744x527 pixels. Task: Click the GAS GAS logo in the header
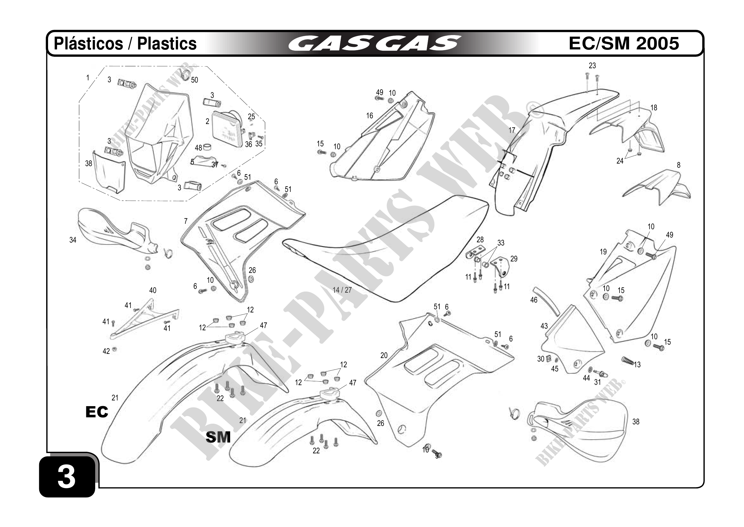(x=374, y=43)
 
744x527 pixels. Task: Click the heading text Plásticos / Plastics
(x=125, y=43)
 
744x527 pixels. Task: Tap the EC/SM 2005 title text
(x=624, y=43)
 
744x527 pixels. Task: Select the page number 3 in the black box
(x=67, y=477)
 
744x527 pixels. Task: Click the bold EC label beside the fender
(x=96, y=412)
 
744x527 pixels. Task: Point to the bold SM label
(x=218, y=437)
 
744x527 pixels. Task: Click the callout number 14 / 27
(x=342, y=290)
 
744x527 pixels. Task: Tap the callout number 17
(x=512, y=130)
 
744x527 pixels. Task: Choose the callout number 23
(x=592, y=66)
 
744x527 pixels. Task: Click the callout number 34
(x=73, y=240)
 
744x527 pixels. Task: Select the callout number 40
(x=152, y=290)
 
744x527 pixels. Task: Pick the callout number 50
(x=195, y=80)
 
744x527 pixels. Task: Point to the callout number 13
(x=637, y=365)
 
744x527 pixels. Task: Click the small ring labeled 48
(x=207, y=148)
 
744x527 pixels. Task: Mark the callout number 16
(x=370, y=116)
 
